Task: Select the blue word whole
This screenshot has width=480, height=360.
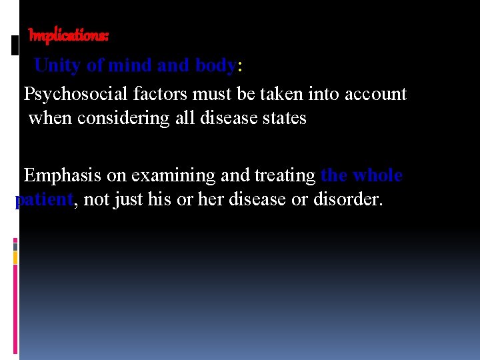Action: point(377,175)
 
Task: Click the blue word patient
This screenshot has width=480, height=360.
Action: point(43,200)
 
